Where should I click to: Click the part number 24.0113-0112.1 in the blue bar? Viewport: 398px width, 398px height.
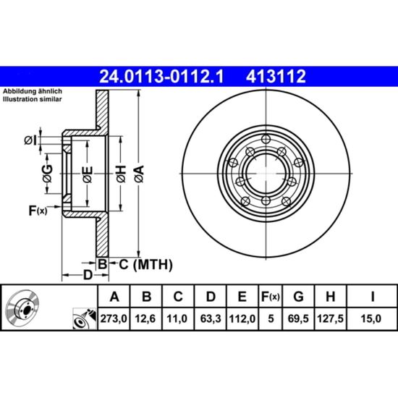point(161,77)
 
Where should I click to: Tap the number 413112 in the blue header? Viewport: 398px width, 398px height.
point(276,77)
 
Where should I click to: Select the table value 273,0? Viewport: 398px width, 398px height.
point(114,318)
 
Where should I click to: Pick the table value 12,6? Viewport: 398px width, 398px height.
point(145,318)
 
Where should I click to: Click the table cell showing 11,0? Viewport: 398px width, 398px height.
point(177,318)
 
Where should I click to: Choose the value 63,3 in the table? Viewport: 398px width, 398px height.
point(210,318)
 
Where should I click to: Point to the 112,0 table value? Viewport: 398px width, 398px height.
point(242,318)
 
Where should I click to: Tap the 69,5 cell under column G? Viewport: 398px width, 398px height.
point(298,318)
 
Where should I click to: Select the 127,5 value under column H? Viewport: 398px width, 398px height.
point(330,318)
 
